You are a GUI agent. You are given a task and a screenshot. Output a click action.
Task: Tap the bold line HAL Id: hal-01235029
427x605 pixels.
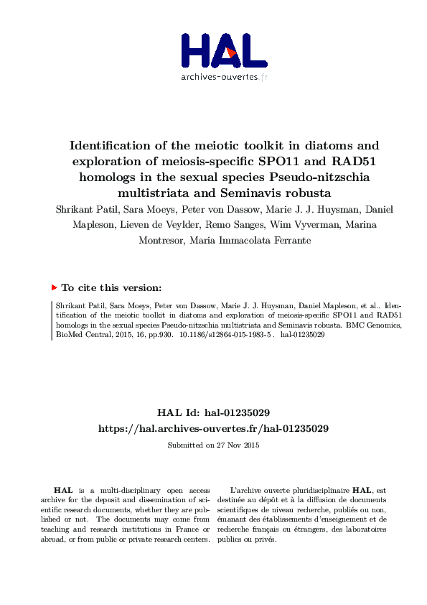pyautogui.click(x=213, y=412)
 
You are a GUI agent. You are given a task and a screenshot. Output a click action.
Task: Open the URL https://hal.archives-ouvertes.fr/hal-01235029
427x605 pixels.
pyautogui.click(x=213, y=428)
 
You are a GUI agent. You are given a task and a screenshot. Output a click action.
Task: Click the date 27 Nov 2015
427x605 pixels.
pyautogui.click(x=238, y=445)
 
